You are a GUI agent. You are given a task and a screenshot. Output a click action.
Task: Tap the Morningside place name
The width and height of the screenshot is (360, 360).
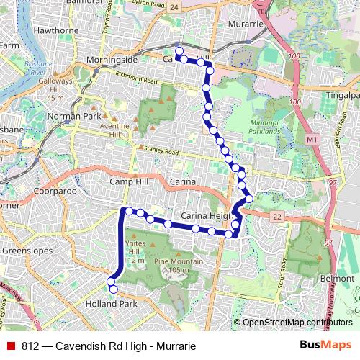click(x=112, y=59)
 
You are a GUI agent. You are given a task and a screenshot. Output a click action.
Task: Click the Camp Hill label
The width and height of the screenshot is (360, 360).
click(x=127, y=182)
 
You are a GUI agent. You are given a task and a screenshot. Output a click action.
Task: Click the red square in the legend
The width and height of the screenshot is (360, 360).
click(x=12, y=346)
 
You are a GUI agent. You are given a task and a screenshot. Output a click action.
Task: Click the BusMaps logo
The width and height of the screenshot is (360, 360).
click(x=325, y=346)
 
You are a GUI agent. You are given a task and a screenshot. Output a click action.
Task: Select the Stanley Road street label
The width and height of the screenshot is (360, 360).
click(x=161, y=151)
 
